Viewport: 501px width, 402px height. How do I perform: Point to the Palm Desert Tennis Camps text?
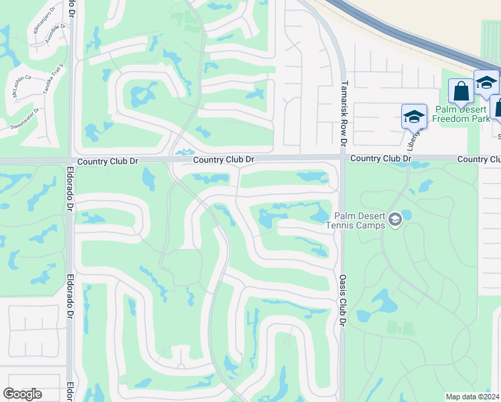click(355, 220)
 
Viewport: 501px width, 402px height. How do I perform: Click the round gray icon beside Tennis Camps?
click(395, 219)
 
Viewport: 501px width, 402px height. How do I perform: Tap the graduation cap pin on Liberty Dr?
click(414, 117)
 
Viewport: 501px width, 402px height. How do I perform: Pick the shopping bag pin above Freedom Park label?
click(461, 91)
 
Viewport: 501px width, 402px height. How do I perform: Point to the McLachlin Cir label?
click(23, 86)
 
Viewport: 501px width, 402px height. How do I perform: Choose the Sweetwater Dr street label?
click(24, 120)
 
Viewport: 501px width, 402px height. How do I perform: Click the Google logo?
click(22, 394)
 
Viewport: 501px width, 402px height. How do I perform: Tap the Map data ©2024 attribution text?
click(472, 397)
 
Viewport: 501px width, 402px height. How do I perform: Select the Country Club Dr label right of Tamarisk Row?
click(380, 158)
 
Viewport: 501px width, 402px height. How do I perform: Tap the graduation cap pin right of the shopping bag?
click(486, 82)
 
